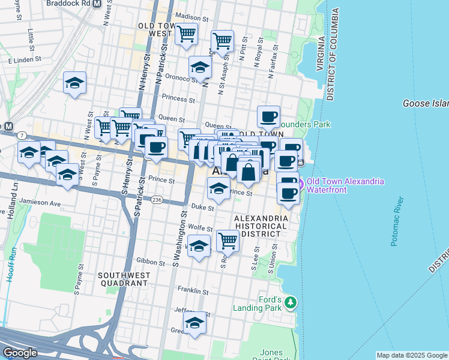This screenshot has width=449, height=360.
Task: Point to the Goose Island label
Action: coord(426,104)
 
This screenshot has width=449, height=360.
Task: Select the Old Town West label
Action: coord(155,30)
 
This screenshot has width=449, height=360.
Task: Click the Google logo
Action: coord(20,353)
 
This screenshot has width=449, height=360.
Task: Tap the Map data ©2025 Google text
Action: coord(412,355)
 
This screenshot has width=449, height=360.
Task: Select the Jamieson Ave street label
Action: coord(40,203)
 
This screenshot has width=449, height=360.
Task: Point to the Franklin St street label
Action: coord(193,292)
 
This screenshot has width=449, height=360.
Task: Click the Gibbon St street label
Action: coord(150,262)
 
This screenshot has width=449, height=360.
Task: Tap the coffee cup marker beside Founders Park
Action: coord(269,116)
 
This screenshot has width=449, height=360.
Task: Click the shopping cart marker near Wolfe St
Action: coord(228,241)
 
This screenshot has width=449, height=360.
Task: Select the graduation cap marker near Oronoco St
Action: coord(200,67)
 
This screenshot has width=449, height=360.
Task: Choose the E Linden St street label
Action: coord(24,60)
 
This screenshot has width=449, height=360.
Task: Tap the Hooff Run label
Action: coord(8,272)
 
